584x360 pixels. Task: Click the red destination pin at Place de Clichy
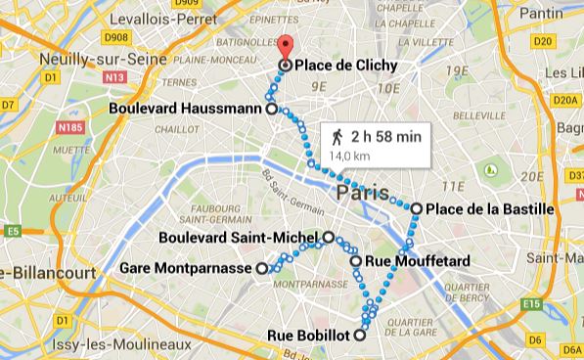click(285, 48)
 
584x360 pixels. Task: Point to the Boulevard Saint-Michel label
click(241, 237)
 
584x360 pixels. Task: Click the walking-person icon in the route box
click(336, 136)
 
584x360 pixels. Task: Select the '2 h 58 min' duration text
click(385, 136)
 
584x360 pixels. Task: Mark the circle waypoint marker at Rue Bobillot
click(360, 336)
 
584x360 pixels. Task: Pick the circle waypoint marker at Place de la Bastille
click(417, 208)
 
